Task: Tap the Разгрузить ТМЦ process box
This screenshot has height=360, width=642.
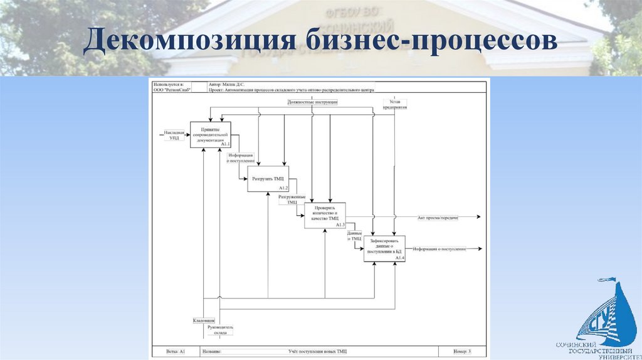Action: coord(268,179)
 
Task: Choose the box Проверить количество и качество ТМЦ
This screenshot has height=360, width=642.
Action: coord(325,215)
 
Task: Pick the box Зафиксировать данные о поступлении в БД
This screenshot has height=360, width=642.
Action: coord(384,248)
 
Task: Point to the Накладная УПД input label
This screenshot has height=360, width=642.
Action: coord(174,135)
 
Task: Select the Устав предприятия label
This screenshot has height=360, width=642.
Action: coord(394,103)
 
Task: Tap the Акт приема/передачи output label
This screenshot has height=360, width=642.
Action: coord(438,217)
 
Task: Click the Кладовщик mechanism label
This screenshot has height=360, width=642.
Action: coord(204,320)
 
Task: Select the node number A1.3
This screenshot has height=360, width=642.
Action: coord(340,225)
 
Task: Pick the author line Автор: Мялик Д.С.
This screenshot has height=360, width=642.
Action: coord(226,83)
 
